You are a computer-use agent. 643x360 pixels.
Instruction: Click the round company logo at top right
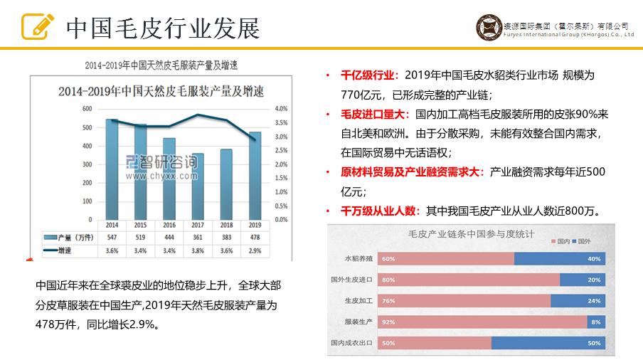[489, 28]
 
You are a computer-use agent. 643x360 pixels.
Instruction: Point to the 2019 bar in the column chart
[254, 174]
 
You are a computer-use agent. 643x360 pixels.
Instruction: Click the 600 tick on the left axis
[87, 109]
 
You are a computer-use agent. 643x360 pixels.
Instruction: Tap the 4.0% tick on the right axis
[281, 109]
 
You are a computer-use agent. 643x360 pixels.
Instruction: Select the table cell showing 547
[112, 237]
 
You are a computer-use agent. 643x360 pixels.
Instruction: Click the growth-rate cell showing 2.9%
[255, 250]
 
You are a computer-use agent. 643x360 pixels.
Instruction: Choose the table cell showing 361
[198, 237]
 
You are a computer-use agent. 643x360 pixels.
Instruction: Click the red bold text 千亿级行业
[367, 75]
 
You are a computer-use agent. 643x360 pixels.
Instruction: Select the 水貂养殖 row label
[358, 258]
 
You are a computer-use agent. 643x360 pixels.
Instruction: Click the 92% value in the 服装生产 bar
[389, 322]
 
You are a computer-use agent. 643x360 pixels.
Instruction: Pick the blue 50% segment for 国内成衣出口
[548, 343]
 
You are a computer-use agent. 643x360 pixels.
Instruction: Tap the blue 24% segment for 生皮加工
[578, 300]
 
